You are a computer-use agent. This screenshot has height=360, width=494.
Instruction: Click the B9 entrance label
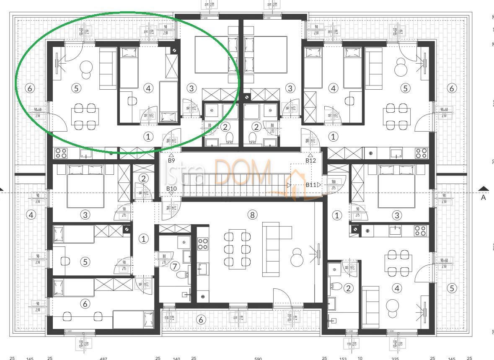(171, 160)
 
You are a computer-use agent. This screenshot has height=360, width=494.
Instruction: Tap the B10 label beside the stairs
(171, 189)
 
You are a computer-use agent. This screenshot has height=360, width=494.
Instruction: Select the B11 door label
(311, 184)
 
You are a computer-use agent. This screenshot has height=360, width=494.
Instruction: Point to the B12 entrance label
(310, 160)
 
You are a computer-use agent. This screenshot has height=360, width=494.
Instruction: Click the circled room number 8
(252, 215)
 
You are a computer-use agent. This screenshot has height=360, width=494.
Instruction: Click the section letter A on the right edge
(484, 197)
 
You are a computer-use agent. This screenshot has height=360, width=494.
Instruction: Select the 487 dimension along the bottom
(103, 359)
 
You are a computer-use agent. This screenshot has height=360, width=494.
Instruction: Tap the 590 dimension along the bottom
(258, 359)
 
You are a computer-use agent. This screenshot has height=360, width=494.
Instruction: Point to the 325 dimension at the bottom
(395, 359)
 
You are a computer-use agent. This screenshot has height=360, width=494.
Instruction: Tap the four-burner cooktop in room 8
(203, 244)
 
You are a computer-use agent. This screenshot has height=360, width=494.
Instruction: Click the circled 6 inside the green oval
(29, 88)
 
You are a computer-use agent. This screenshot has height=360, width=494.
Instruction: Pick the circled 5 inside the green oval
(76, 88)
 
